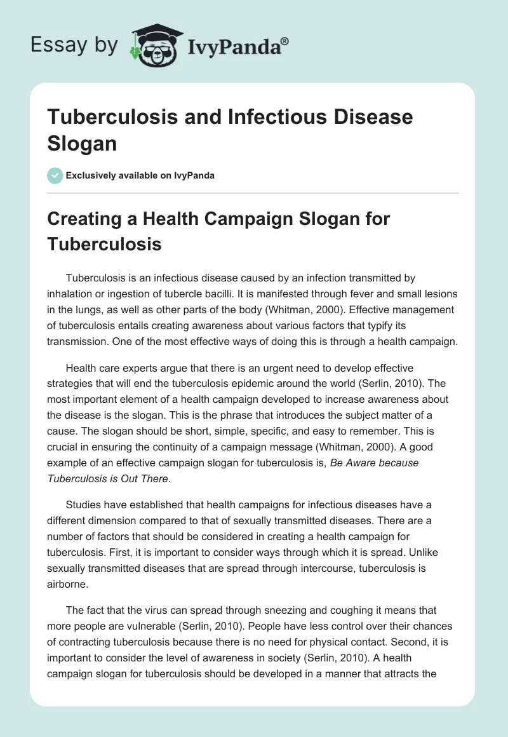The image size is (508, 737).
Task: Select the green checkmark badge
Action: point(55,175)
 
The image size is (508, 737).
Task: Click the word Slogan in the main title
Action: point(83,143)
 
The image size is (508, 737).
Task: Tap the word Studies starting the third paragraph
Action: point(84,504)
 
